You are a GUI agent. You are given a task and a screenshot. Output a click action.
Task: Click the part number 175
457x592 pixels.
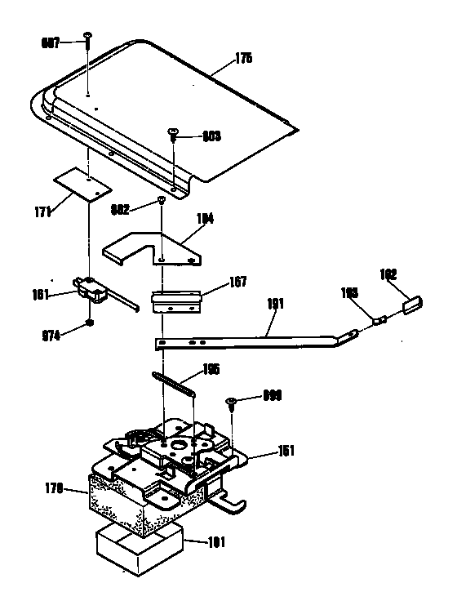(243, 58)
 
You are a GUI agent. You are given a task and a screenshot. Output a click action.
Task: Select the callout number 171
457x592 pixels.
(43, 211)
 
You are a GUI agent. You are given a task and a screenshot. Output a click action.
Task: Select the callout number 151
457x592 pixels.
(286, 450)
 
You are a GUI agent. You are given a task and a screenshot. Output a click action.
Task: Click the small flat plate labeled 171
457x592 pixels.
(82, 185)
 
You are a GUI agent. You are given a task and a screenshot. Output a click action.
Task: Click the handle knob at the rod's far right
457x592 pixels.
(410, 305)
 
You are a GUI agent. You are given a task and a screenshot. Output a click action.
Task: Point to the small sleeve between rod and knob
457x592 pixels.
(379, 320)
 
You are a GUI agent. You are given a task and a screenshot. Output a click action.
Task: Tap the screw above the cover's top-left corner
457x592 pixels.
(87, 38)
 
